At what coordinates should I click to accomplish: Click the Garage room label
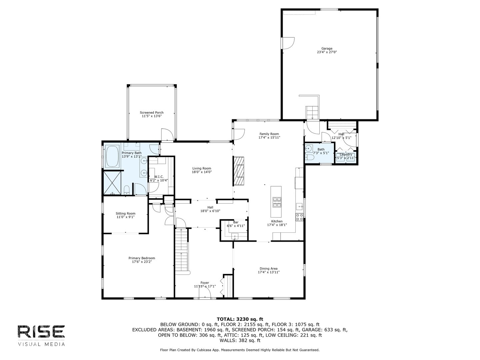[x=327, y=48]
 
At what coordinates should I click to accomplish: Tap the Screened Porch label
[x=152, y=113]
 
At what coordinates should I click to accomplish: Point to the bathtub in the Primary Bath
[x=112, y=157]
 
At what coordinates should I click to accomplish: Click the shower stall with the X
[x=113, y=183]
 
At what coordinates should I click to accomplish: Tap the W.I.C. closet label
[x=159, y=177]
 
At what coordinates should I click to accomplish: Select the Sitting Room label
[x=125, y=213]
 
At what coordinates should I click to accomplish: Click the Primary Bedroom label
[x=142, y=258]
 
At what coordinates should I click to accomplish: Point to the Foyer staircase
[x=182, y=250]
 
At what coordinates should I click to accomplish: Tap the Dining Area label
[x=268, y=269]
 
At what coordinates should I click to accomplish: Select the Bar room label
[x=236, y=222]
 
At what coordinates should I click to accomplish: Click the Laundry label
[x=346, y=154]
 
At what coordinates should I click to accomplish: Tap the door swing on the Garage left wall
[x=288, y=43]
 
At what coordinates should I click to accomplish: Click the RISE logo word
[x=41, y=331]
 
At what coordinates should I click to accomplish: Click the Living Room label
[x=202, y=168]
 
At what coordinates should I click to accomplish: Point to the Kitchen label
[x=277, y=221]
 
